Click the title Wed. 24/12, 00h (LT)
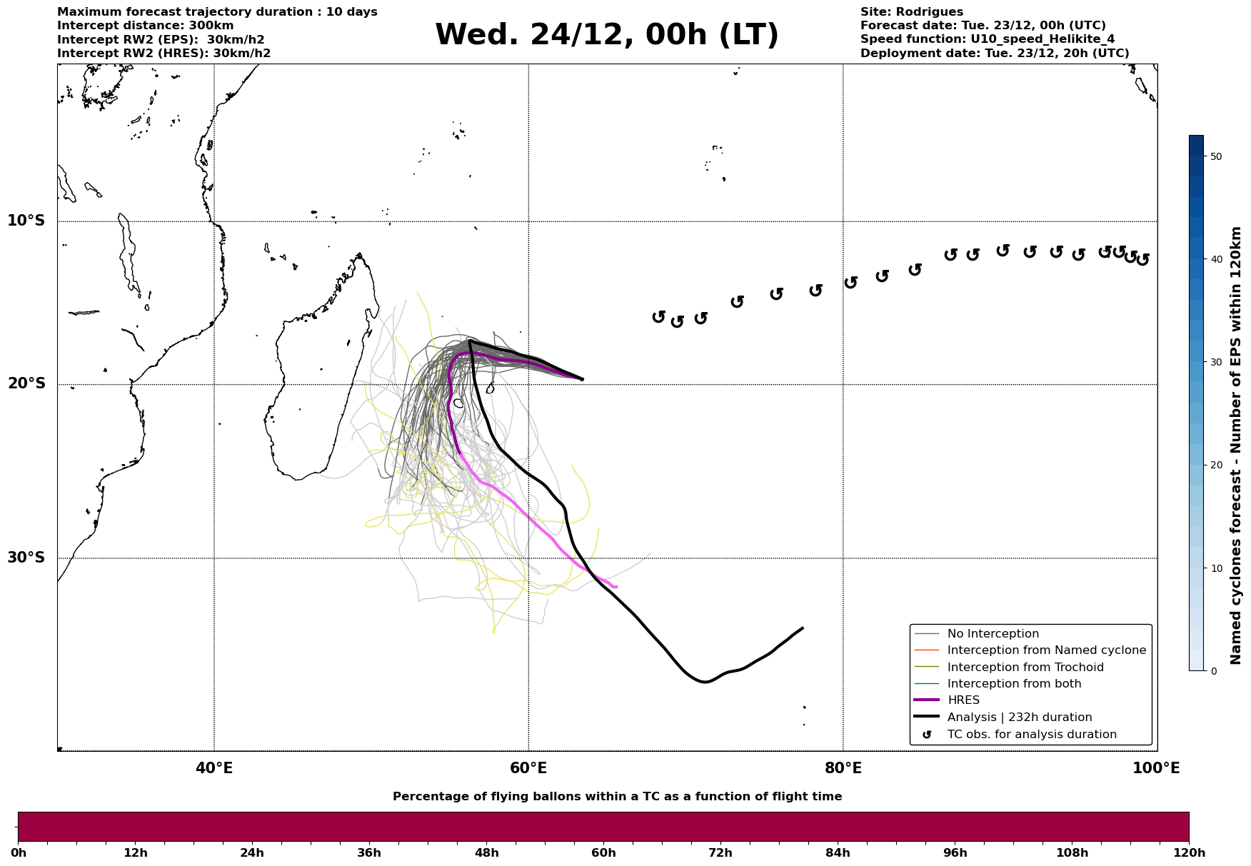click(x=606, y=35)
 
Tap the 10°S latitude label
click(x=26, y=221)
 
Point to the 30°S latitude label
click(x=26, y=558)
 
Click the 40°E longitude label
click(x=214, y=769)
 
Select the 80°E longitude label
click(x=843, y=769)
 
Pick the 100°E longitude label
click(x=1156, y=769)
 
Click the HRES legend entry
click(x=963, y=700)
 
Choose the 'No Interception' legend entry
click(x=993, y=634)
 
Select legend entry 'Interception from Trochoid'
click(x=1025, y=668)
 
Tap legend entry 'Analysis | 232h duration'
click(x=1019, y=718)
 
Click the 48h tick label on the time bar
click(x=486, y=853)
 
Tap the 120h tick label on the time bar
click(x=1189, y=853)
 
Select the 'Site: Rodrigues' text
click(x=911, y=12)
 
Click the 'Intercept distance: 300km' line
click(x=145, y=26)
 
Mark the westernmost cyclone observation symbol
click(x=658, y=316)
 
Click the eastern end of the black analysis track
click(x=803, y=628)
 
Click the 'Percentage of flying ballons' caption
click(x=617, y=797)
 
